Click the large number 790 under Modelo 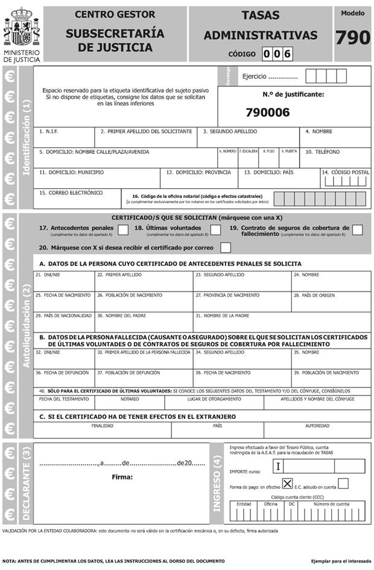click(x=352, y=38)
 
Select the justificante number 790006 click(x=268, y=112)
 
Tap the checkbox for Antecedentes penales click(x=123, y=229)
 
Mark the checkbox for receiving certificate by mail click(x=226, y=247)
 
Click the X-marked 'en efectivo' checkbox click(x=288, y=483)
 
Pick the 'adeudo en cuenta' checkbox click(x=343, y=483)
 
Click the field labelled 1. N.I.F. click(x=64, y=138)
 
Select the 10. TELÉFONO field click(x=336, y=157)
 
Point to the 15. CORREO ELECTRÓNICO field click(x=78, y=198)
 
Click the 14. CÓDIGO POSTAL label click(x=345, y=173)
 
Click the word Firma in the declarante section click(x=122, y=477)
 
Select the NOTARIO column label click(x=129, y=399)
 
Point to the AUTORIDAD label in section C click(x=317, y=425)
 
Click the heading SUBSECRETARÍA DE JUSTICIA click(x=115, y=40)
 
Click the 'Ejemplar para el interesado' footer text click(x=339, y=561)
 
